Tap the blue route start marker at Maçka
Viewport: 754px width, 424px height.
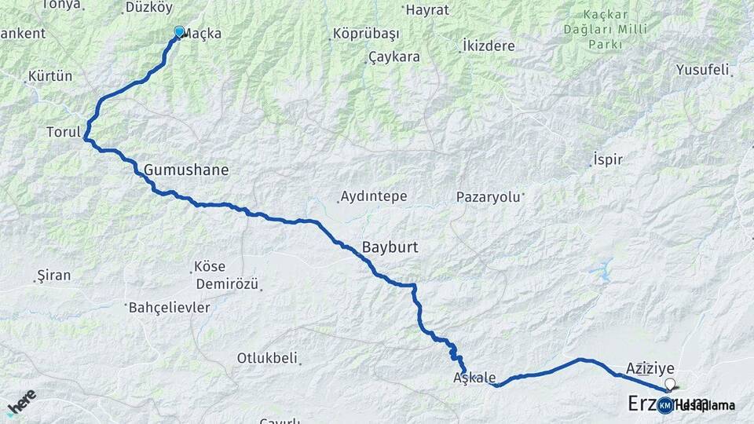pyautogui.click(x=179, y=32)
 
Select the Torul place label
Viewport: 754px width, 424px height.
pyautogui.click(x=64, y=131)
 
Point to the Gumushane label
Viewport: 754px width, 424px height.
pyautogui.click(x=186, y=169)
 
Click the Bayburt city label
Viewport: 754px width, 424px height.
pyautogui.click(x=390, y=247)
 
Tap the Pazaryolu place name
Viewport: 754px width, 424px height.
pyautogui.click(x=489, y=197)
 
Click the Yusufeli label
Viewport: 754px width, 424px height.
pyautogui.click(x=702, y=70)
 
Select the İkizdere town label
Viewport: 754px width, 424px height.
pyautogui.click(x=489, y=46)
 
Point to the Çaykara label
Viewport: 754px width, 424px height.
pyautogui.click(x=394, y=57)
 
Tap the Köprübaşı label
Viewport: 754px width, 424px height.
pyautogui.click(x=366, y=34)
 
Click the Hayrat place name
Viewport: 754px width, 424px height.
pyautogui.click(x=426, y=10)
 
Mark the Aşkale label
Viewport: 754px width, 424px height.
pyautogui.click(x=474, y=378)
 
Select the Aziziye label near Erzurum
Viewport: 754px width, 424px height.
pyautogui.click(x=651, y=367)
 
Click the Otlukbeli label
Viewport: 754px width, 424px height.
pyautogui.click(x=268, y=358)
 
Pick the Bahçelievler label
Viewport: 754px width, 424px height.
pyautogui.click(x=170, y=307)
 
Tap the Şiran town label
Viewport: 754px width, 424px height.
pyautogui.click(x=53, y=276)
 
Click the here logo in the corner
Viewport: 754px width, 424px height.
pyautogui.click(x=21, y=402)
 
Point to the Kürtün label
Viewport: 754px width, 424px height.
pyautogui.click(x=50, y=76)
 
